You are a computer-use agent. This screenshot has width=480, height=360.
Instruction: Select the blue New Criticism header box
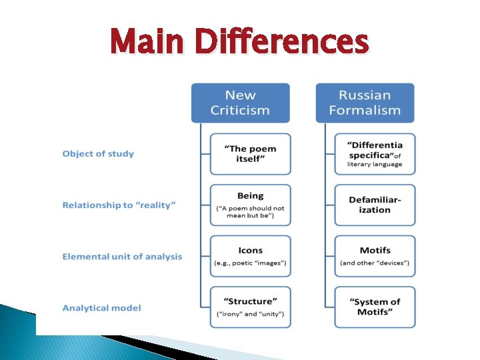point(241,103)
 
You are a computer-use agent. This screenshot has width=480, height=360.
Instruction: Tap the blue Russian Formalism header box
point(365,103)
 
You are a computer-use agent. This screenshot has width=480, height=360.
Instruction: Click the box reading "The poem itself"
point(250,154)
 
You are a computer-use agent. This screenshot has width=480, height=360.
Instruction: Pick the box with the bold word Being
point(250,205)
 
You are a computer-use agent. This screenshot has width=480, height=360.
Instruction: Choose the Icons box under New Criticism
point(250,256)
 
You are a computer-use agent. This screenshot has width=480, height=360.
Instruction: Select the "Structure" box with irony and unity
point(250,307)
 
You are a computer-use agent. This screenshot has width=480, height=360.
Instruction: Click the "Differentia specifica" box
point(375,154)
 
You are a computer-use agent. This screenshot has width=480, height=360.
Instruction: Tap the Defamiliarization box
point(375,205)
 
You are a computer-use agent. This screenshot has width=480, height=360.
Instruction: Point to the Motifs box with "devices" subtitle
point(375,256)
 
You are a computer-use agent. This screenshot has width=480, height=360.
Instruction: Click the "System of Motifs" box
point(375,307)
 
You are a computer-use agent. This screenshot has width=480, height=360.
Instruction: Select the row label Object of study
point(98,154)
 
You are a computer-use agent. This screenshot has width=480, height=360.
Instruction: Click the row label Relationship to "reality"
point(119,205)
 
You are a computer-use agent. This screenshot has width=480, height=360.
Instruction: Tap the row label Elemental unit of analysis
point(122,257)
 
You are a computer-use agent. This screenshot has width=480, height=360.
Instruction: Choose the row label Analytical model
point(101,308)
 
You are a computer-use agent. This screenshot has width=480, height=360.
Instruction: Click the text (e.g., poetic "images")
point(250,263)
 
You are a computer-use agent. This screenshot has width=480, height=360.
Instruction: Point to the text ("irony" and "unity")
point(250,314)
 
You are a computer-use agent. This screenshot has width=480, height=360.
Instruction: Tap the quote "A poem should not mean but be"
point(250,212)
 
